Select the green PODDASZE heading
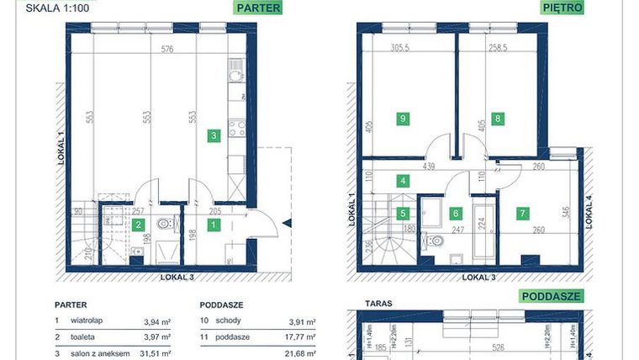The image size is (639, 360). point(551,296)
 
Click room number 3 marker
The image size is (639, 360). point(214,135)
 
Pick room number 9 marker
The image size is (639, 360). point(404,119)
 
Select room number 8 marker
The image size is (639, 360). point(498,119)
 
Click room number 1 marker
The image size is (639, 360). point(214,225)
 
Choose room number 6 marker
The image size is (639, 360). point(455,213)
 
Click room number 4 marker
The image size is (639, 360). point(404,180)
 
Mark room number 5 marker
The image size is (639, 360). point(404,213)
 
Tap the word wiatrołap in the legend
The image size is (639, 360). point(87,320)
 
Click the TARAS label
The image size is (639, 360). point(376,299)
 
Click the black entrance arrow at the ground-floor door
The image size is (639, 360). point(287,224)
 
